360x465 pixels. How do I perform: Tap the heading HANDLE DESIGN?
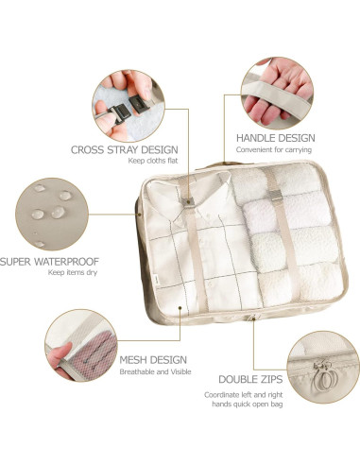(x=275, y=138)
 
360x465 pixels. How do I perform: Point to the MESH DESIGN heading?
(x=153, y=360)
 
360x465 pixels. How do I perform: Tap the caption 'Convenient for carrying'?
(x=275, y=151)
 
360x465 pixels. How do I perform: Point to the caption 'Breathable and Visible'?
(x=152, y=373)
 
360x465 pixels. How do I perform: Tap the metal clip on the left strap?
(x=189, y=202)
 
